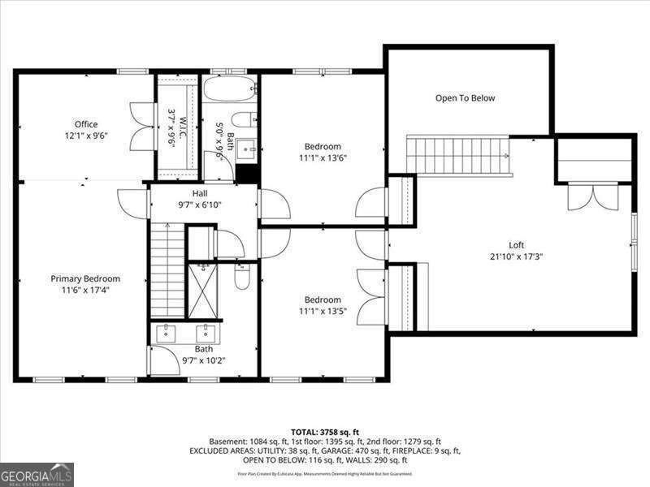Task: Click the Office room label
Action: click(x=86, y=124)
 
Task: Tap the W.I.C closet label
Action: click(x=171, y=127)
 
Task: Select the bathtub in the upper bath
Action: click(x=230, y=88)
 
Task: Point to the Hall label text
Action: click(x=199, y=193)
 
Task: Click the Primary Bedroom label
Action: click(x=85, y=278)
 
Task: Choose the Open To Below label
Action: click(x=465, y=98)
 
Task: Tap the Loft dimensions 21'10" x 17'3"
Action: click(x=516, y=256)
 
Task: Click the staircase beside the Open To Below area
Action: click(x=458, y=155)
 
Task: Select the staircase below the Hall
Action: click(x=167, y=273)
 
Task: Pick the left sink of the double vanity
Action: click(x=167, y=332)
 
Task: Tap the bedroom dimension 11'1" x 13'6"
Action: click(x=323, y=158)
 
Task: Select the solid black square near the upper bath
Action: click(x=247, y=174)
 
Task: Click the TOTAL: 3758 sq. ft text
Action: click(x=325, y=431)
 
